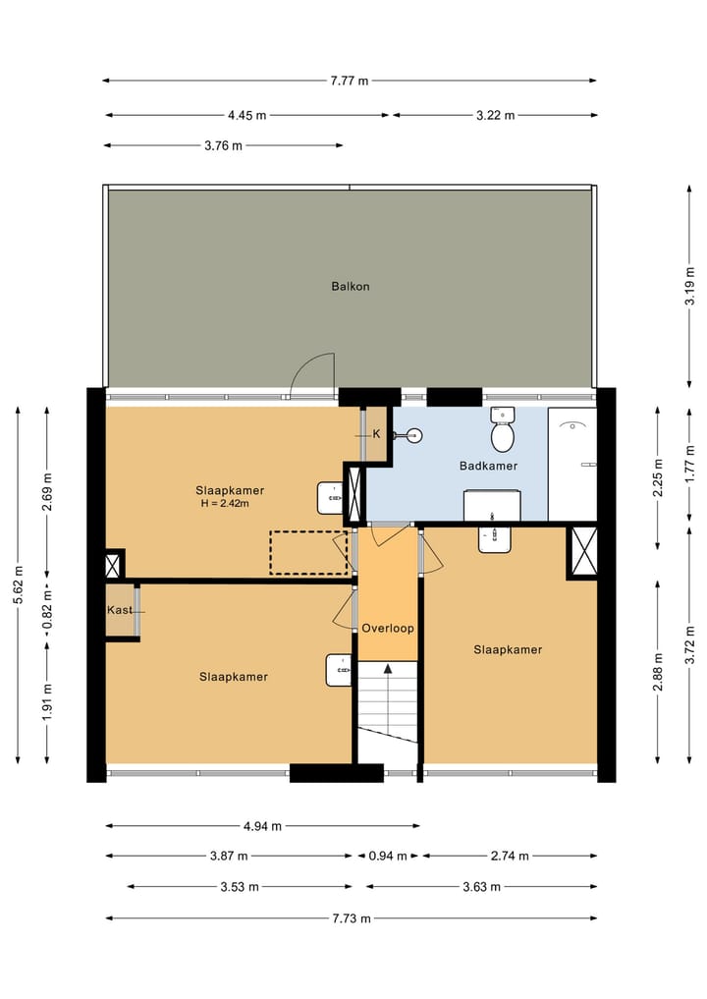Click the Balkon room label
click(350, 286)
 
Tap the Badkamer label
click(489, 466)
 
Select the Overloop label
click(388, 629)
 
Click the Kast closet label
click(120, 610)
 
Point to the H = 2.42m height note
click(224, 503)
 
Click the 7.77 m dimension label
click(349, 81)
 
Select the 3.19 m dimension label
click(689, 286)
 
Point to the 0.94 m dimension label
click(387, 856)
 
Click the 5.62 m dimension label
click(18, 584)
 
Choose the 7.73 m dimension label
click(351, 918)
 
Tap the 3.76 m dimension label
click(223, 146)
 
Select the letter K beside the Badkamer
click(376, 434)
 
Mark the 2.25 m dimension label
click(659, 477)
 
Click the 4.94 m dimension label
click(262, 826)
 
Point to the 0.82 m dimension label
click(47, 609)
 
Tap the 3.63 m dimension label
click(481, 887)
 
